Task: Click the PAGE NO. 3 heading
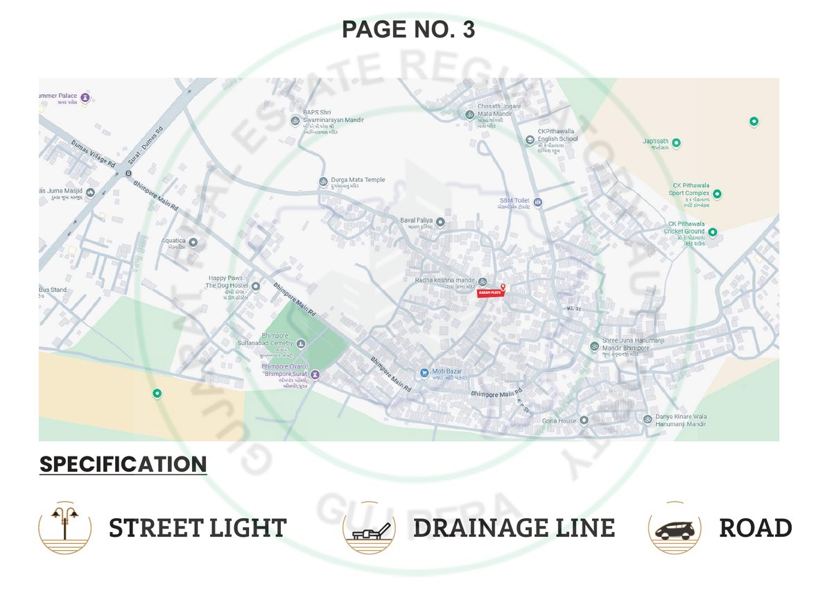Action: tap(408, 30)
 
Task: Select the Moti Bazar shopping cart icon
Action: tap(424, 373)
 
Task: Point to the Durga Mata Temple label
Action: tap(358, 180)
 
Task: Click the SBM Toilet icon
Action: tap(537, 203)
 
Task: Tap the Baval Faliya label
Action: tap(416, 221)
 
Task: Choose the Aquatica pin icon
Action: tap(193, 242)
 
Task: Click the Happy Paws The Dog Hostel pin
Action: tap(255, 286)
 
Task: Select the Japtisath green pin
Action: tap(676, 144)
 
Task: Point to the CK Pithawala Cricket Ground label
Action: tap(684, 228)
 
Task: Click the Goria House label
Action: tap(559, 420)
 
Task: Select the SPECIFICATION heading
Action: tap(123, 464)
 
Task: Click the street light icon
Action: tap(64, 527)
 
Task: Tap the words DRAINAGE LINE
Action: tap(514, 528)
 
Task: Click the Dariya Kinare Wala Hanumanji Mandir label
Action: tap(680, 420)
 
